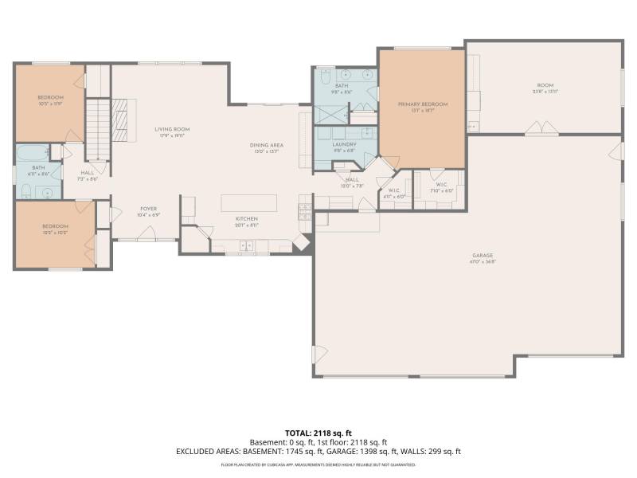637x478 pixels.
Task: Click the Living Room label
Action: coord(172,129)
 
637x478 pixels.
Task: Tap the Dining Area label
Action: coord(267,145)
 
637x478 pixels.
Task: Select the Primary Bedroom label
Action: coord(423,104)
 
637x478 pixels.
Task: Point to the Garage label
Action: coord(482,254)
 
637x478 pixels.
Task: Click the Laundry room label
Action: coord(345,144)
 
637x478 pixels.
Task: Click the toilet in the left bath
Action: coord(25,190)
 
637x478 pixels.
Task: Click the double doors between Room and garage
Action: coord(544,127)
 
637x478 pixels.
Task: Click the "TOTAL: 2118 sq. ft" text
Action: coord(318,433)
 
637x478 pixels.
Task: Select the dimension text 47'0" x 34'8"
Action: coord(482,261)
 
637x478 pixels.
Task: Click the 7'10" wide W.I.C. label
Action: coord(441,186)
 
